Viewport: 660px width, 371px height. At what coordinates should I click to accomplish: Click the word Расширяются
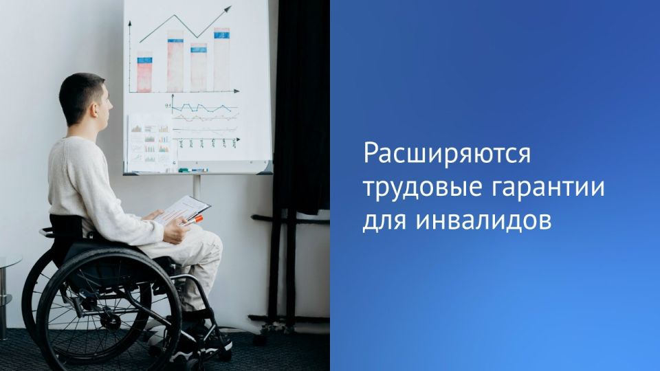[448, 154]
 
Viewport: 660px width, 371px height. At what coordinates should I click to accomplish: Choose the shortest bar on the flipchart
[144, 71]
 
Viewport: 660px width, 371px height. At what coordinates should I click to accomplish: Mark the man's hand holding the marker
[176, 231]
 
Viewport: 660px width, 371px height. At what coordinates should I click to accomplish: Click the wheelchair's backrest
[65, 227]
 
